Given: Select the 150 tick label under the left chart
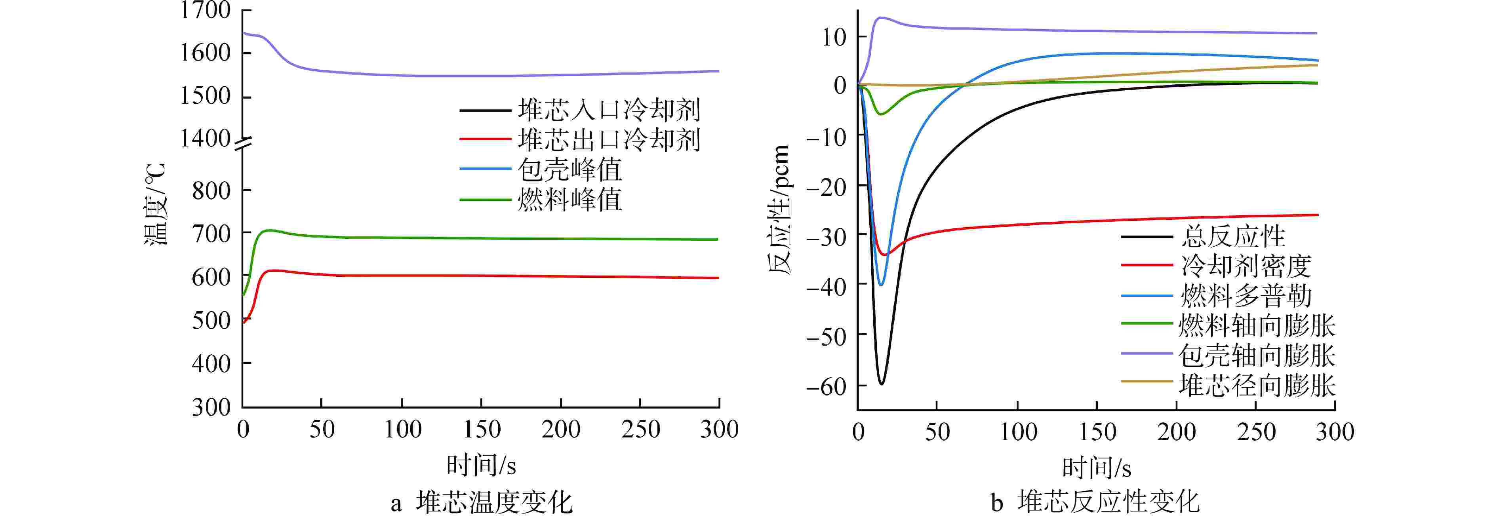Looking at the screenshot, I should click(x=482, y=430).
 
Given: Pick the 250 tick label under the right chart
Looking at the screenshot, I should click(x=1256, y=432).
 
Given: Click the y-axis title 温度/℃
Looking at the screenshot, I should click(x=155, y=205).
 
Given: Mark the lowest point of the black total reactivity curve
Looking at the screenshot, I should click(x=882, y=384).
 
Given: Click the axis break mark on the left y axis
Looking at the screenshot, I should click(x=243, y=144).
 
